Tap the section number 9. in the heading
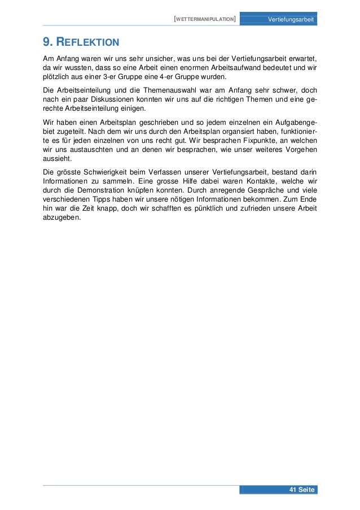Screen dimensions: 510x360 tap(49, 42)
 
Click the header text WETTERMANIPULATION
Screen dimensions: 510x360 tap(205, 20)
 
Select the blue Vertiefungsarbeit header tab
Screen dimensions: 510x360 tap(291, 20)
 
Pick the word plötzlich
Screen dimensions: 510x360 tap(57, 77)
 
